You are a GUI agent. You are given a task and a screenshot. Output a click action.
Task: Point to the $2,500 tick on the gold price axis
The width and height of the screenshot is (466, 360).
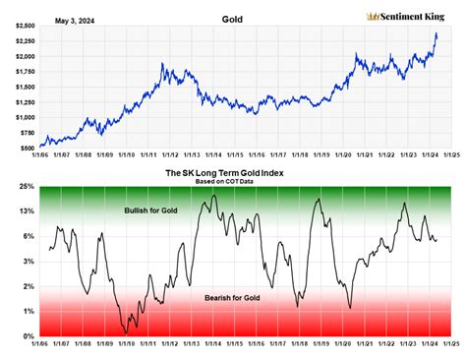(x=22, y=26)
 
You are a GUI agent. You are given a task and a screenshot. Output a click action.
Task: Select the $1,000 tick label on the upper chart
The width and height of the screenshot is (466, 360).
(x=22, y=117)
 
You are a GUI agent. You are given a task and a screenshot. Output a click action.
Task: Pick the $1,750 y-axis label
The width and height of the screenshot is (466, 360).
(x=22, y=72)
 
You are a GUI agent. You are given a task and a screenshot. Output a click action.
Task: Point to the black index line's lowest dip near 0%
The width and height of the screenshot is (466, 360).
(x=125, y=333)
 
